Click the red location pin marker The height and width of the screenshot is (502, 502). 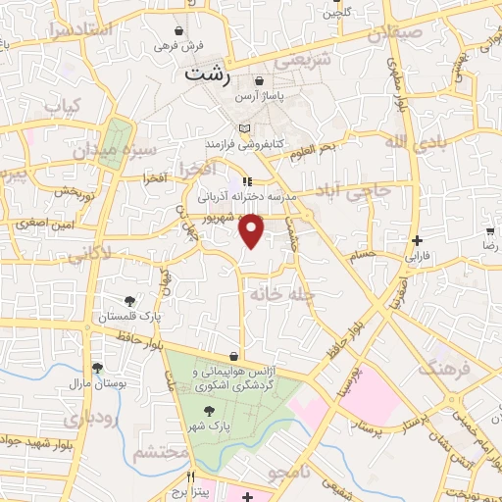[x=252, y=229]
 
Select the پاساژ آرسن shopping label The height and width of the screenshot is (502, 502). [x=259, y=98]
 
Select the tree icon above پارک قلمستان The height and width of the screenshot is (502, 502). [x=128, y=300]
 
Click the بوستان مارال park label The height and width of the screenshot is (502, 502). [x=98, y=383]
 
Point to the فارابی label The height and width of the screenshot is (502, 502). [x=420, y=256]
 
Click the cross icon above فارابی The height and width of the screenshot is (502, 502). [x=417, y=240]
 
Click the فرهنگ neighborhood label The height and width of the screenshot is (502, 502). [x=439, y=368]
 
